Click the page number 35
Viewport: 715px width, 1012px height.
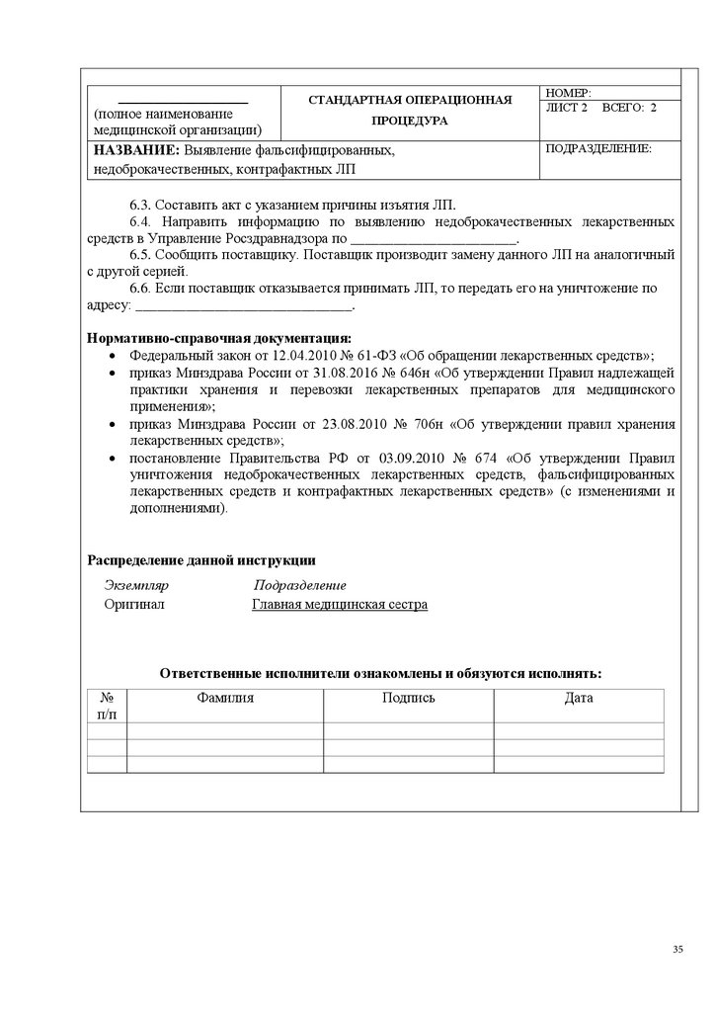[677, 949]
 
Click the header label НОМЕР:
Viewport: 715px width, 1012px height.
[568, 92]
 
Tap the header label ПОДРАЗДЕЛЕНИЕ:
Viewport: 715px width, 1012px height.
[598, 148]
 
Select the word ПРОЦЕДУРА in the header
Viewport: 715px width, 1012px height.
[410, 121]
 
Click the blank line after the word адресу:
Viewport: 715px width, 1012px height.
[242, 306]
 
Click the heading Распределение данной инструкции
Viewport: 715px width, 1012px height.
[201, 560]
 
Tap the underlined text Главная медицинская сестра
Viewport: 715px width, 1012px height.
[340, 604]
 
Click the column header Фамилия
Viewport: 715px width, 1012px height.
[225, 698]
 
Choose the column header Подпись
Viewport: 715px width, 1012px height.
[408, 698]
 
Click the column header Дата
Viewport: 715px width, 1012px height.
[579, 698]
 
